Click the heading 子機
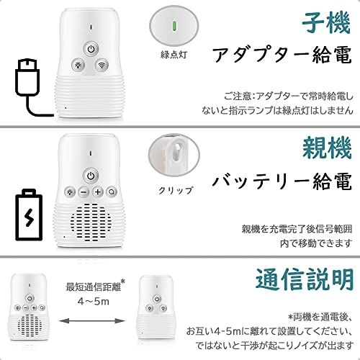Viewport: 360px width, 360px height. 326,23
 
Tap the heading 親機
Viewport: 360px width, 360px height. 327,148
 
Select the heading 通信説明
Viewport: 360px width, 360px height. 305,280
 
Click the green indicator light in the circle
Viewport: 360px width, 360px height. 174,26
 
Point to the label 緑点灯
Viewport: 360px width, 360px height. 174,55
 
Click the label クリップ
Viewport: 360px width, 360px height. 176,190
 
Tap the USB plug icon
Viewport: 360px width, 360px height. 30,88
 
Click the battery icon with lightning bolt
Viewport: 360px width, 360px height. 29,215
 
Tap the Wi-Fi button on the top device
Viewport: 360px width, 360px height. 102,65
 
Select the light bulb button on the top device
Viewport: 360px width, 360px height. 78,65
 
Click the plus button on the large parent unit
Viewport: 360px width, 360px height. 98,192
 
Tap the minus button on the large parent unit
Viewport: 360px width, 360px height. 84,192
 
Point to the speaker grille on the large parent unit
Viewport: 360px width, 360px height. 91,221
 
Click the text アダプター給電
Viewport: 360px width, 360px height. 282,55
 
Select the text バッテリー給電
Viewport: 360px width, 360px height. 282,181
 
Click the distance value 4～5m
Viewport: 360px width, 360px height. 94,301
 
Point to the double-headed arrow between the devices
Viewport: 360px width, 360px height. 92,321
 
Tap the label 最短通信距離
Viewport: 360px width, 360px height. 94,287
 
